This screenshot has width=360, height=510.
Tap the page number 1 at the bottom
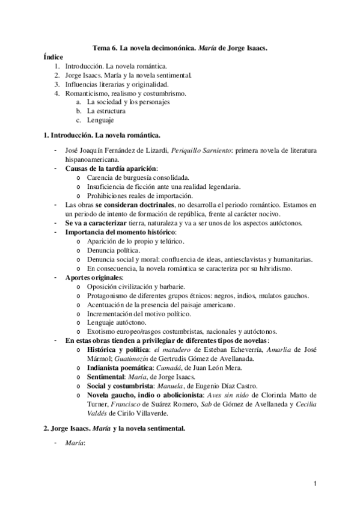coord(314,483)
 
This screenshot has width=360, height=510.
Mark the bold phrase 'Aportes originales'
coord(93,277)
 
